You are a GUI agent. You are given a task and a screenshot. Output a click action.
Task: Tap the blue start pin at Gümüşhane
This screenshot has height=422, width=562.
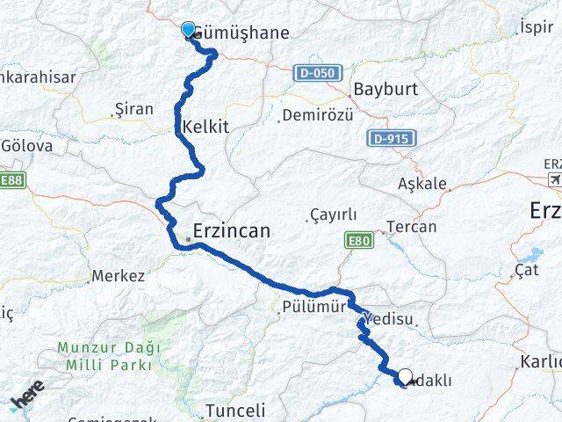pyautogui.click(x=188, y=30)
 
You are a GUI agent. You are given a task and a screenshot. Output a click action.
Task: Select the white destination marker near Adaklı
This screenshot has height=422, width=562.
pyautogui.click(x=405, y=377)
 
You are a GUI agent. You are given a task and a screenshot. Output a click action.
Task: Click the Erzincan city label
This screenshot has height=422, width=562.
pyautogui.click(x=232, y=231)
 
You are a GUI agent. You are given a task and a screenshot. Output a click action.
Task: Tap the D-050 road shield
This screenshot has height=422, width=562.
pyautogui.click(x=315, y=73)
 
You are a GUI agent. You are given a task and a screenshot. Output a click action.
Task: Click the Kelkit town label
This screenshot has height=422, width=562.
pyautogui.click(x=205, y=127)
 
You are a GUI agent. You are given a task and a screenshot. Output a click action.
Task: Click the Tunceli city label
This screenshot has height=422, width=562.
pyautogui.click(x=234, y=410)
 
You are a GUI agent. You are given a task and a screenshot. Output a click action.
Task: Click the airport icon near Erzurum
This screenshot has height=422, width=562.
pyautogui.click(x=554, y=179)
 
